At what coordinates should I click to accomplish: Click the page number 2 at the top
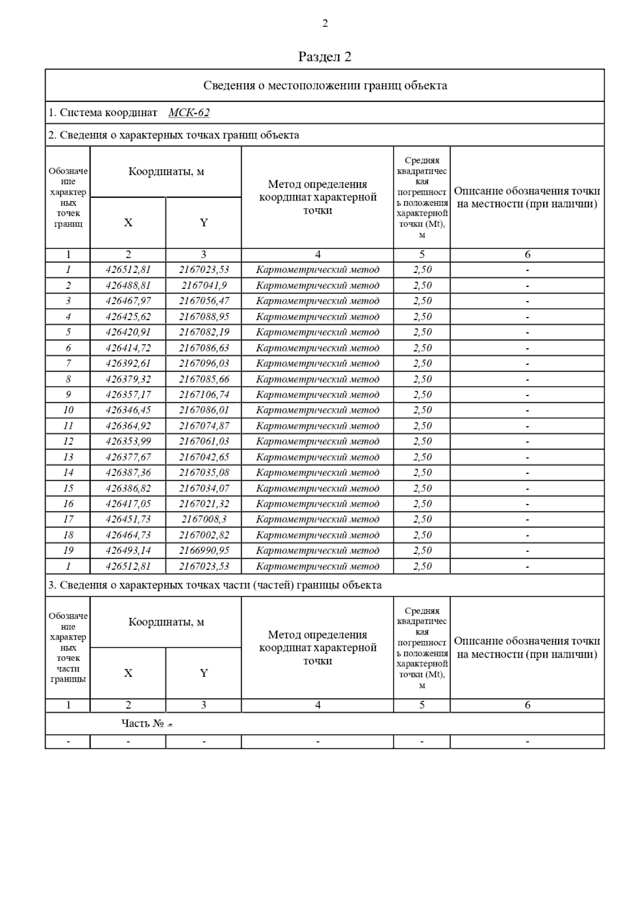[325, 23]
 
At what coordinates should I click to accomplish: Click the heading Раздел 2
[325, 57]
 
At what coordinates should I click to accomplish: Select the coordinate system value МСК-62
[189, 113]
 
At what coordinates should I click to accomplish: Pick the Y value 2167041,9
[204, 286]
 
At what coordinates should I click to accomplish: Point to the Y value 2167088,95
[204, 317]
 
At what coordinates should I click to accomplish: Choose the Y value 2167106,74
[204, 395]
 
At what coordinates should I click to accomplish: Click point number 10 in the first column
[68, 410]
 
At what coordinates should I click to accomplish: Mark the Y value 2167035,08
[204, 473]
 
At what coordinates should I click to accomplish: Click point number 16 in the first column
[68, 504]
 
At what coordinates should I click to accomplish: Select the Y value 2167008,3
[204, 519]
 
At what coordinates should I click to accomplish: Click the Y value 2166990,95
[204, 551]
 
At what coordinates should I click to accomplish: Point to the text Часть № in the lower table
[143, 723]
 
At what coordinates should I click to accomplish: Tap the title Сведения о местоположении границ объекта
[325, 86]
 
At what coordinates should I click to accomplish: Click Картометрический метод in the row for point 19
[317, 551]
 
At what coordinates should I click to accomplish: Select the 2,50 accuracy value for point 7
[422, 364]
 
